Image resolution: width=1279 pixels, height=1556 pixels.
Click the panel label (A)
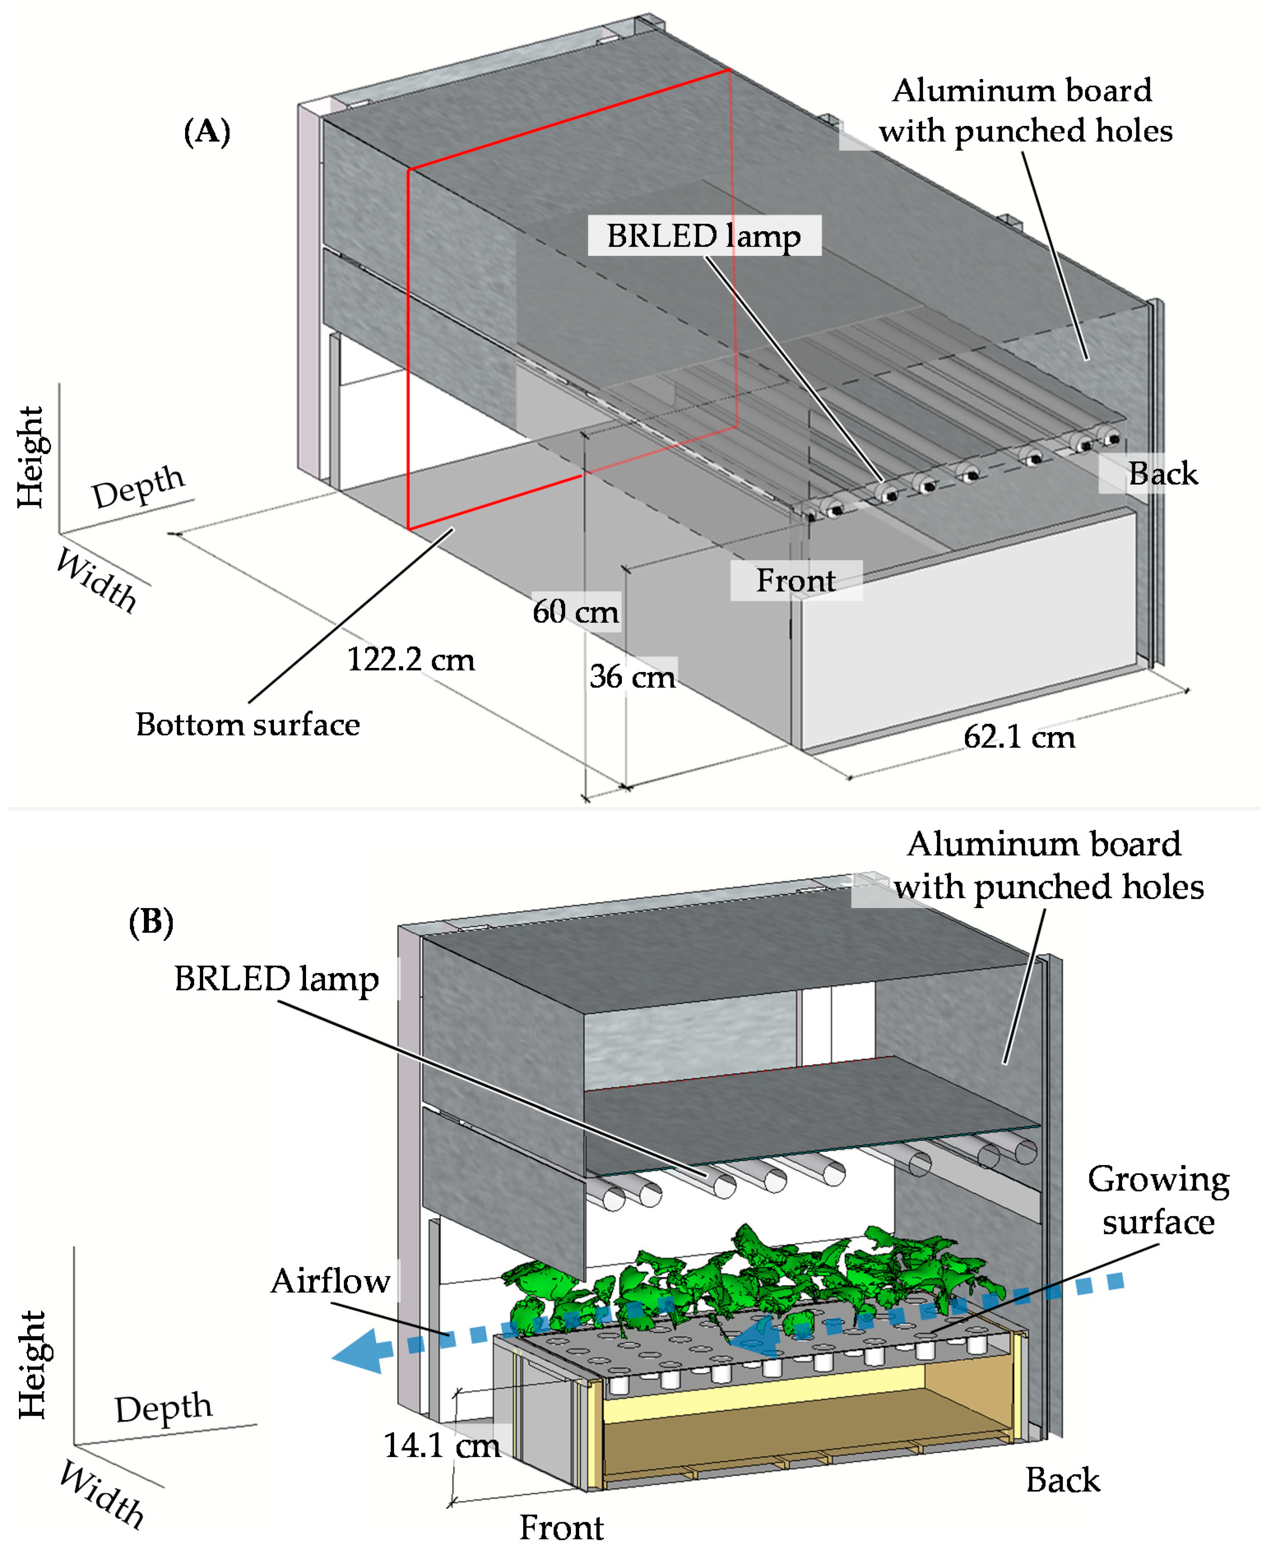(x=206, y=132)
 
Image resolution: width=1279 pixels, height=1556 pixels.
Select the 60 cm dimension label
(x=575, y=611)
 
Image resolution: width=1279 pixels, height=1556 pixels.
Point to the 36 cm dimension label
(x=632, y=676)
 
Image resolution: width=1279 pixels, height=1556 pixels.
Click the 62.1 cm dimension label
(x=1019, y=737)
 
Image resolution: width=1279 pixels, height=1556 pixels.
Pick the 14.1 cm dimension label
(x=442, y=1445)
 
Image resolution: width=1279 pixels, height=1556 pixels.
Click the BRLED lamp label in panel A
(x=704, y=236)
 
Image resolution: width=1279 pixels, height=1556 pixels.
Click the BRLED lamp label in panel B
(x=276, y=979)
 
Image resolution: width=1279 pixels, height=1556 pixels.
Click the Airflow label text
(x=330, y=1280)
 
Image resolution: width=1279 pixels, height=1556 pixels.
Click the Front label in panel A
(x=796, y=581)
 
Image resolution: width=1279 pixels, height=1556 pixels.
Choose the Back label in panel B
(x=1062, y=1480)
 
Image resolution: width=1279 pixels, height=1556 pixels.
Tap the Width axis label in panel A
(x=97, y=581)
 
